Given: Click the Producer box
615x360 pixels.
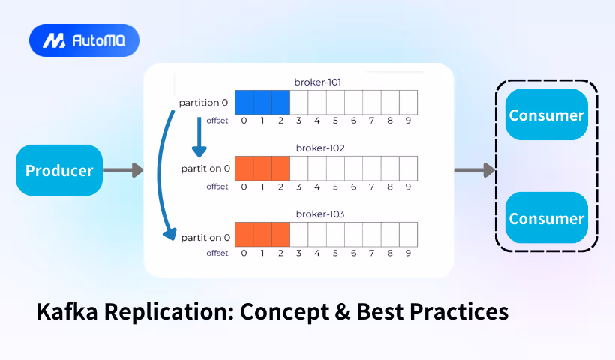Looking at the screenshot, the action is (x=59, y=170).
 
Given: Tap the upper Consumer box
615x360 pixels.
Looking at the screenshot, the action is (x=546, y=115).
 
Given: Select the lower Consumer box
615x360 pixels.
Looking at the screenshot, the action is (x=546, y=218).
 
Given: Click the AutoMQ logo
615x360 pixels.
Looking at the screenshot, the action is (x=84, y=41).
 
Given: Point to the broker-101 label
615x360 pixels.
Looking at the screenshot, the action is (x=319, y=82).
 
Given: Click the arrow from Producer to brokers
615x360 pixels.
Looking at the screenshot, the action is (x=122, y=170).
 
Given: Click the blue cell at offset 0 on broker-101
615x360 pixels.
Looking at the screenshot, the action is (x=244, y=102).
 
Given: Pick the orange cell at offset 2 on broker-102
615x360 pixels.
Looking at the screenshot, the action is (x=280, y=169).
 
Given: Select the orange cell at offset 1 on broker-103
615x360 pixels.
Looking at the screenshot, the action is (x=262, y=235).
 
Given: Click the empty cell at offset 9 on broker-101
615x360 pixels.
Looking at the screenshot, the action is (x=408, y=102).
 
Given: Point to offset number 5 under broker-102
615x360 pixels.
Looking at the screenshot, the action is (x=335, y=187).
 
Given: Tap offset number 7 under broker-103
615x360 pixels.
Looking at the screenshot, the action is (x=372, y=253).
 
